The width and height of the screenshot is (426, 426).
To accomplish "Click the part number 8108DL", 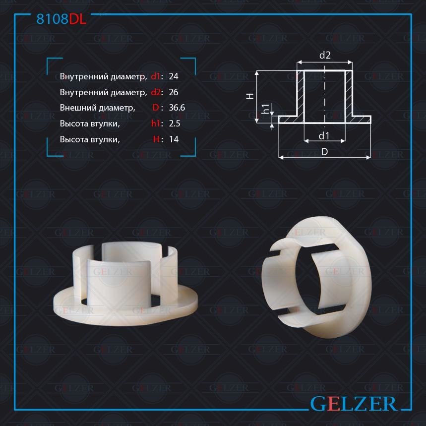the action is point(61,19).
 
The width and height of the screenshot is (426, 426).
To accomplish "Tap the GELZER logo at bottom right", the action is point(353,404).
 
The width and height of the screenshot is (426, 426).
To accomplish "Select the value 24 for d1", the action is point(174,76).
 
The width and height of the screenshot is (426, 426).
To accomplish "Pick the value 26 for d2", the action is point(174,92).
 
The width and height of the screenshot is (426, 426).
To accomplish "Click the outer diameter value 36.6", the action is point(177,108).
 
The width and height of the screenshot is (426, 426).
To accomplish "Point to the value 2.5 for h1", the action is point(175,123).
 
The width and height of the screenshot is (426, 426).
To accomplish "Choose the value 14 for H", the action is point(174,139).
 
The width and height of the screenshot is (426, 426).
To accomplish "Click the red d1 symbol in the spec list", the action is point(155,76).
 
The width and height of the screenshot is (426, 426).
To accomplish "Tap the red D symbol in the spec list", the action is point(156,108).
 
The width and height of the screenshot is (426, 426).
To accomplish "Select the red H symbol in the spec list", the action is point(156,139).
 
